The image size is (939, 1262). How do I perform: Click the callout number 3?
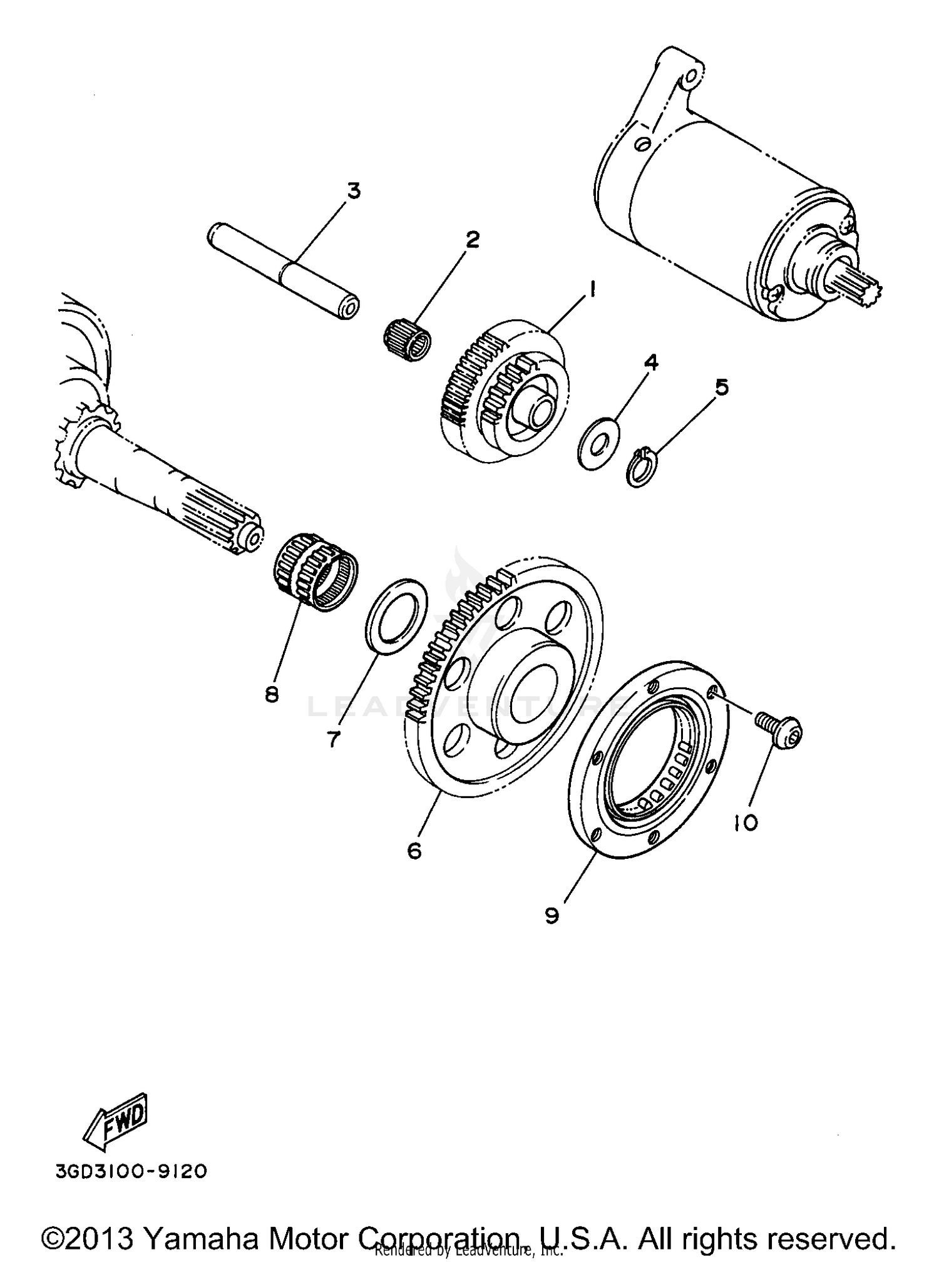354,190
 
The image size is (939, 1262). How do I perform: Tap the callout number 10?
746,822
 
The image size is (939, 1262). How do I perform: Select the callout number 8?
271,694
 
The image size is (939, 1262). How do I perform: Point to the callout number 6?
414,851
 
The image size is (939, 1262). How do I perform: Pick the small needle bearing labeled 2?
408,339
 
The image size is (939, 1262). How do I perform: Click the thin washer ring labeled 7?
396,617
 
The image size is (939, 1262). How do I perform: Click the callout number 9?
552,916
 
